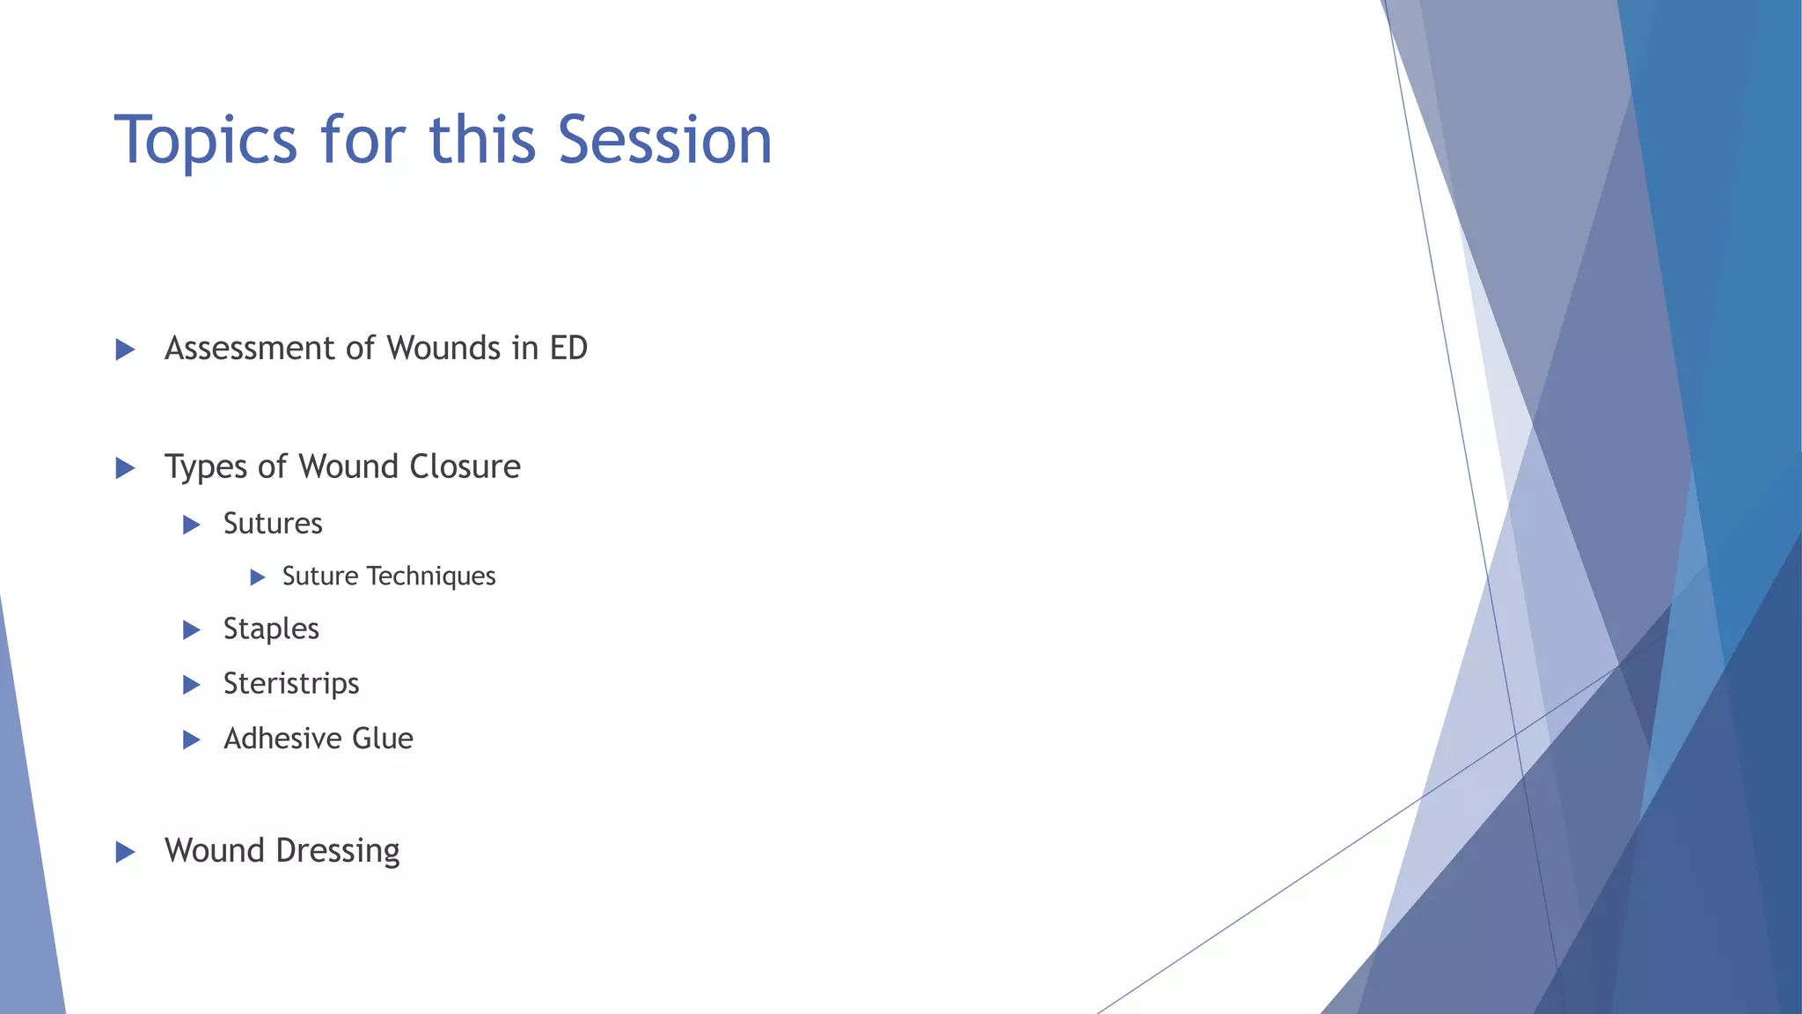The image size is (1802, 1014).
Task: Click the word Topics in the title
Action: (206, 141)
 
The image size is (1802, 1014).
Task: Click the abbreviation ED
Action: (568, 349)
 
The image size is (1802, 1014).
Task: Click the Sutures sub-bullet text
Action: (273, 524)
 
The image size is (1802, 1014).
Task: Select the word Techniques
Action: (431, 577)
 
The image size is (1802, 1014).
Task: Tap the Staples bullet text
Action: (271, 629)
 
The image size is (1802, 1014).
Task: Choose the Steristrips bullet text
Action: (291, 684)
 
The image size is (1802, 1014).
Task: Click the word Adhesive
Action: (282, 738)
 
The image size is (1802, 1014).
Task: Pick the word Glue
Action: (383, 738)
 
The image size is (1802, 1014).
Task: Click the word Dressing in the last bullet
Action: (338, 851)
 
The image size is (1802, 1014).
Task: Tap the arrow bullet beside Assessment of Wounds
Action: (125, 350)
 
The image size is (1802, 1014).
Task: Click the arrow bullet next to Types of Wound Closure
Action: (125, 468)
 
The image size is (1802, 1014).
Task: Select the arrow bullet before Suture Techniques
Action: (257, 577)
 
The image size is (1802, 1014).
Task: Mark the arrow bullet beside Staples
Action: (191, 630)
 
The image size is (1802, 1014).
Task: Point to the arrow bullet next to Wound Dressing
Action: (125, 852)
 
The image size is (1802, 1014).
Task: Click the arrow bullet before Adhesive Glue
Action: (191, 739)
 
